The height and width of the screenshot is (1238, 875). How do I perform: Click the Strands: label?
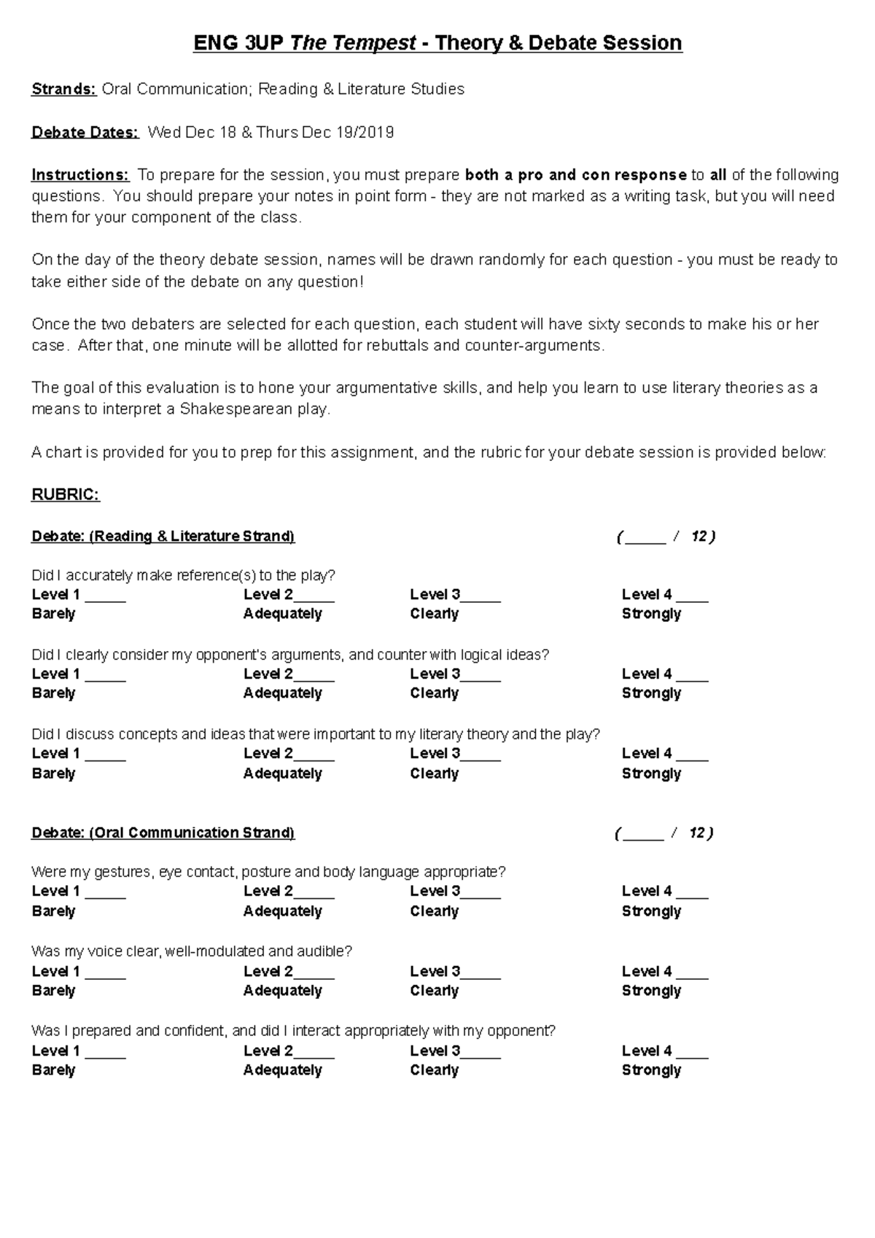coord(63,89)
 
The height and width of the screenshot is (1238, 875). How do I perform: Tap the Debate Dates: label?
coord(85,132)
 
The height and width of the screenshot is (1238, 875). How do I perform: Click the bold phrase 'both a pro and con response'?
coord(576,175)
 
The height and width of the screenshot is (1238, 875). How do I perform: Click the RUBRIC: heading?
coord(65,495)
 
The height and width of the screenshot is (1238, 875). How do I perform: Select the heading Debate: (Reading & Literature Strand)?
coord(163,537)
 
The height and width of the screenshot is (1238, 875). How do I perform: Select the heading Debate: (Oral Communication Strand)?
coord(163,833)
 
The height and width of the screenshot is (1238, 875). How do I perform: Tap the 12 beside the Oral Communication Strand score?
coord(697,833)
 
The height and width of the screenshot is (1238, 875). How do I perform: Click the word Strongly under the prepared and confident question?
coord(651,1070)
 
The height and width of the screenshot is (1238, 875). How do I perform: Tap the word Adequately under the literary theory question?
coord(283,774)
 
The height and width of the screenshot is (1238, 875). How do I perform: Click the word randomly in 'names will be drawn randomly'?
coord(502,260)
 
